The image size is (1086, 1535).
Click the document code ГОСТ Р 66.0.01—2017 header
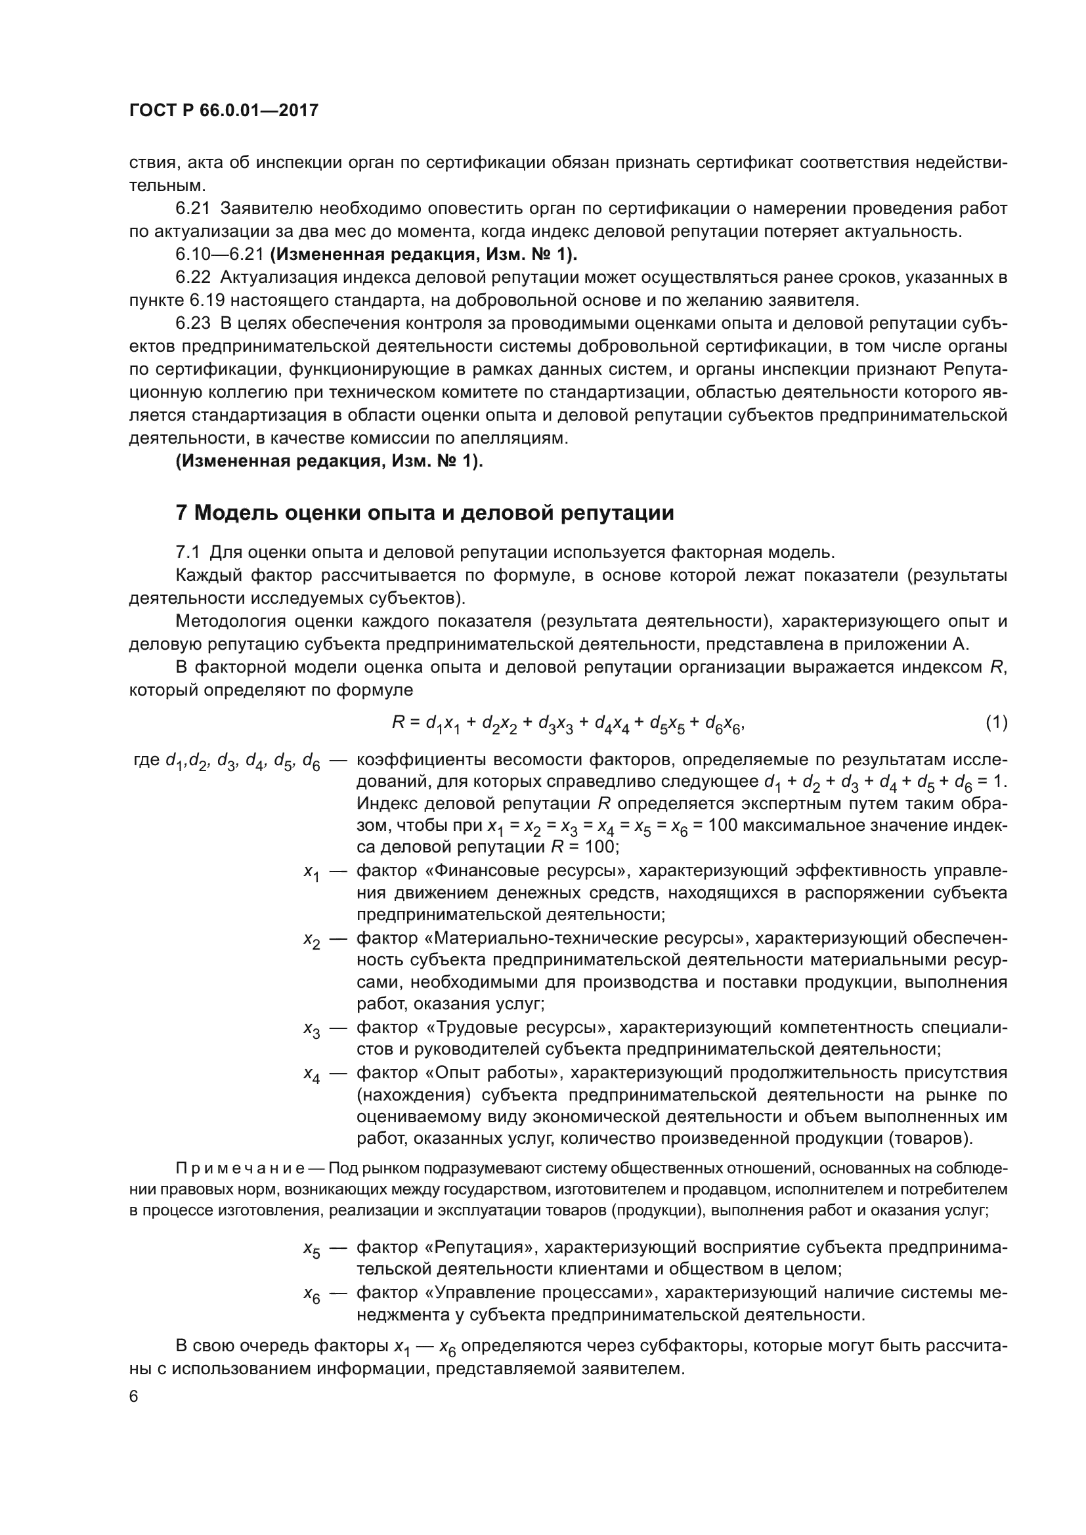pyautogui.click(x=224, y=110)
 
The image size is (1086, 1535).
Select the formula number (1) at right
pyautogui.click(x=996, y=722)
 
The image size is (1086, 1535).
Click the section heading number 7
pyautogui.click(x=182, y=513)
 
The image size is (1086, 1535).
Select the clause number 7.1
pyautogui.click(x=187, y=552)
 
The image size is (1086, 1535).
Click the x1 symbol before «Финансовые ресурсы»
pyautogui.click(x=312, y=872)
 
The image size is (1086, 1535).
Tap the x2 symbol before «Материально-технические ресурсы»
pyautogui.click(x=312, y=940)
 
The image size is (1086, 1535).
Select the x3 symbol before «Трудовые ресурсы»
pyautogui.click(x=312, y=1030)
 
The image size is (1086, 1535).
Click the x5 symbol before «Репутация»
pyautogui.click(x=312, y=1248)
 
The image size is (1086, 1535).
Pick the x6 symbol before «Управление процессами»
pyautogui.click(x=312, y=1294)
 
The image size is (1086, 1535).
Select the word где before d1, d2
pyautogui.click(x=147, y=760)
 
